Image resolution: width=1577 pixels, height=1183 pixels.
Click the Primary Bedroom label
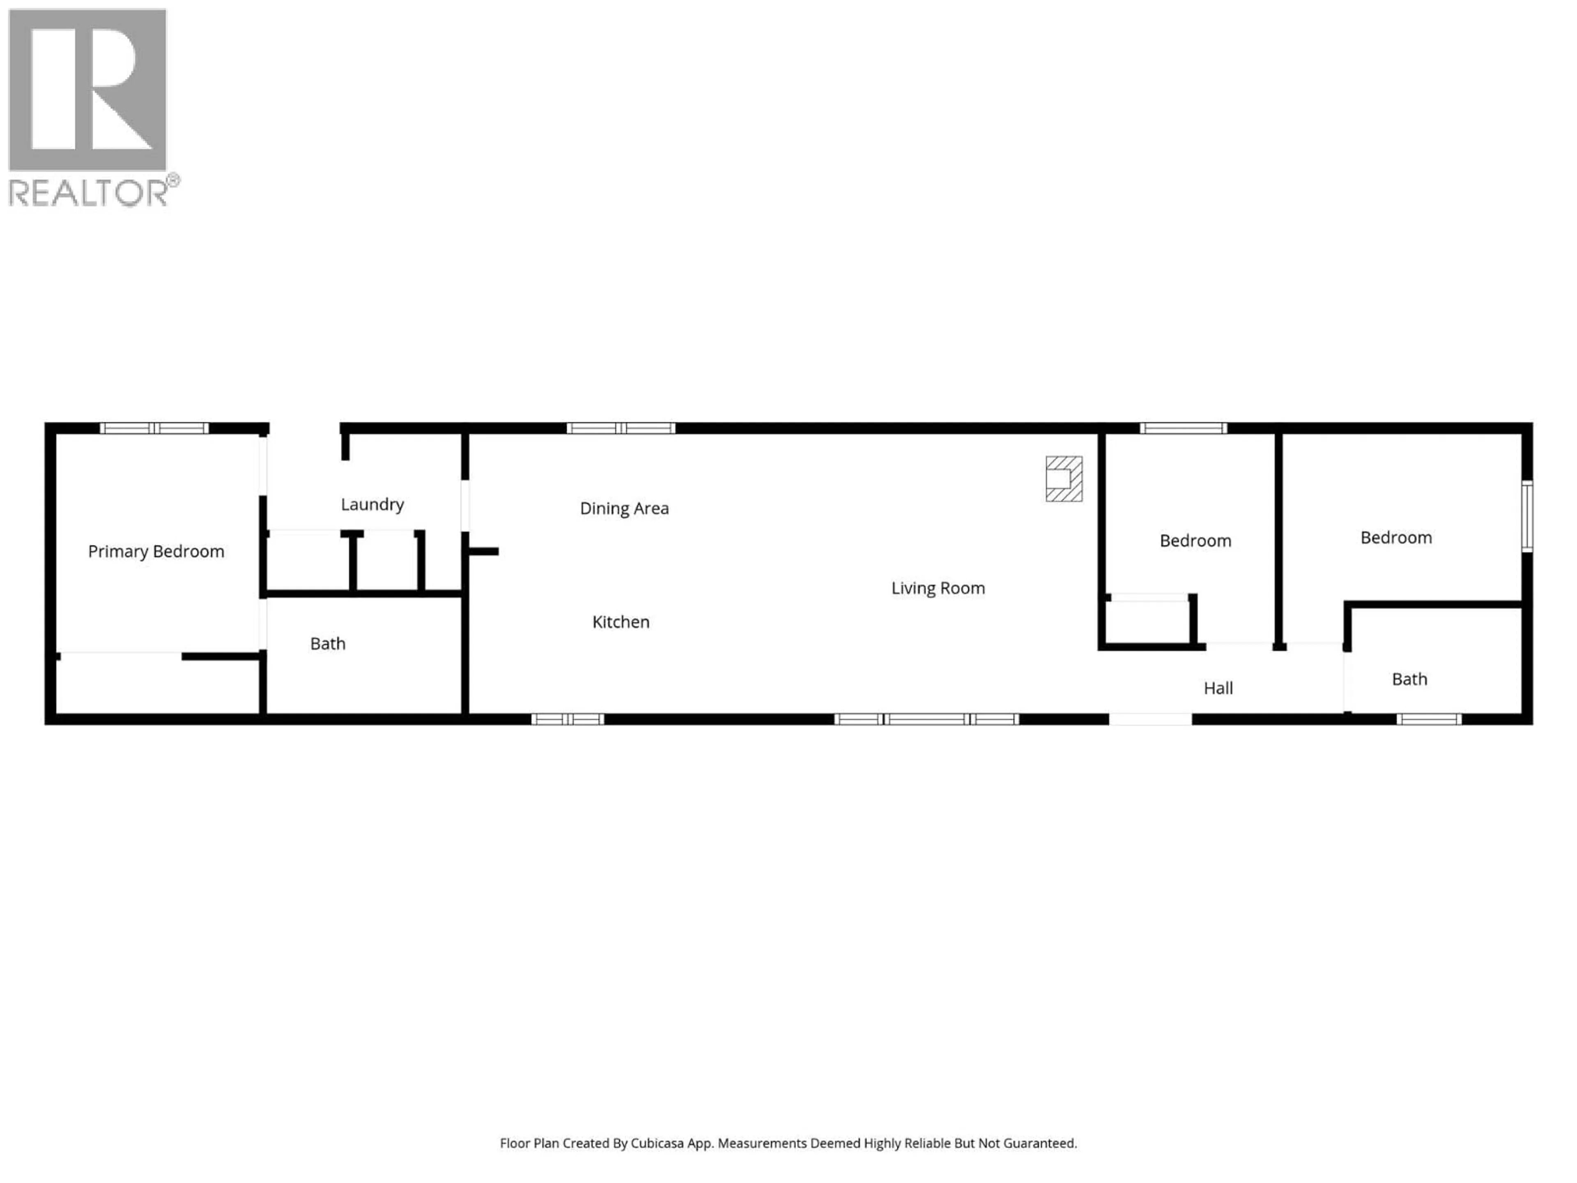(156, 551)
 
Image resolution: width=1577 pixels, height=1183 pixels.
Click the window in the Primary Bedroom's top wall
(154, 428)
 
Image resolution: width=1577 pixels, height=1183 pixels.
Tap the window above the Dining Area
(620, 428)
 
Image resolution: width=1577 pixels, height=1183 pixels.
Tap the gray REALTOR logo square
(87, 90)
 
